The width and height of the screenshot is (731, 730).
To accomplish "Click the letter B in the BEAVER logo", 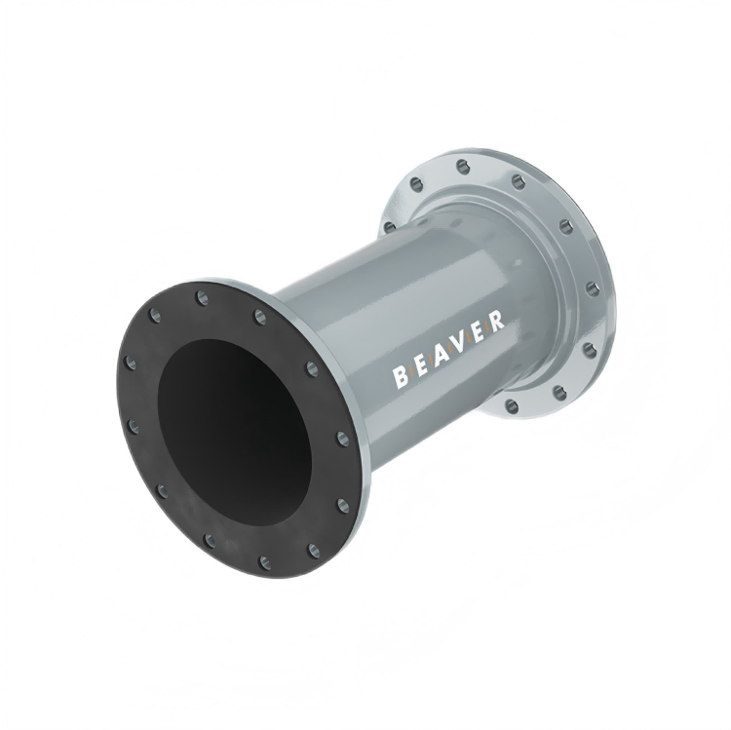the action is [x=400, y=377].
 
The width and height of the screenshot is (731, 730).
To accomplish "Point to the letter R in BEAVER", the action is [x=496, y=321].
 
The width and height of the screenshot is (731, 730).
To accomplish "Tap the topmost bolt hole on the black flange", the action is [x=203, y=297].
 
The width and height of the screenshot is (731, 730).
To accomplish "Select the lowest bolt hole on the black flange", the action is [x=265, y=561].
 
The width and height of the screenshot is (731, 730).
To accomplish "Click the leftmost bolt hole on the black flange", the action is [x=131, y=362].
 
